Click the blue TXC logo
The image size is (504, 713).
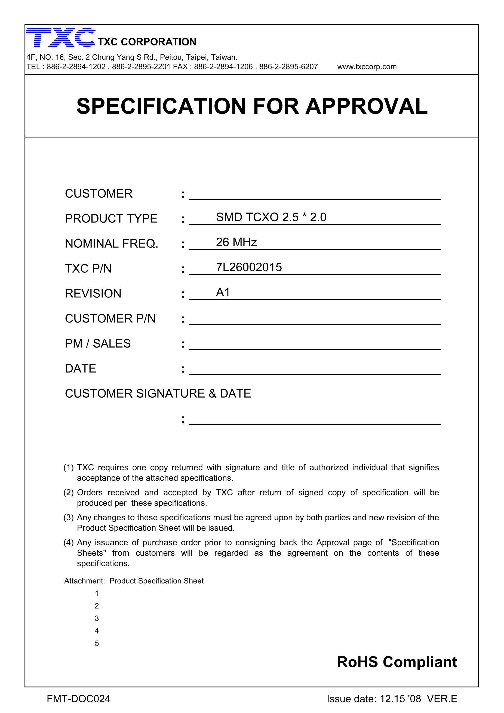[61, 37]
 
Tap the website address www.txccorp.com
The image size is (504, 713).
[367, 67]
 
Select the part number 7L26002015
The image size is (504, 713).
[249, 267]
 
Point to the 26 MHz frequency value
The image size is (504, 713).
[236, 242]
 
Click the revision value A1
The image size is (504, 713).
[223, 293]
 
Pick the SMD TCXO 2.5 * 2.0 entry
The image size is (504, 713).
[271, 217]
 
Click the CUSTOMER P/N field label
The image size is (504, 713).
[110, 319]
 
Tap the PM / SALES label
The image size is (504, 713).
[97, 344]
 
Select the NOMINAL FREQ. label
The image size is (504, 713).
[112, 244]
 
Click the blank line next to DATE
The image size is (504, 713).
[314, 371]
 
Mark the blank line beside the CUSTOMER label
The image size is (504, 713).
[314, 196]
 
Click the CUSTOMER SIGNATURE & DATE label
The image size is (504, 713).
[158, 394]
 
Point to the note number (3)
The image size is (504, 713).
[68, 518]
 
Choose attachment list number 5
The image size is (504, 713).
[97, 643]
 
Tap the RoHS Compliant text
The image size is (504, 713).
[397, 662]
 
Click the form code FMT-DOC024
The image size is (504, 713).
[78, 699]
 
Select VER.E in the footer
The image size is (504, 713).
[442, 699]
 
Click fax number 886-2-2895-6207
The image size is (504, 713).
[288, 67]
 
